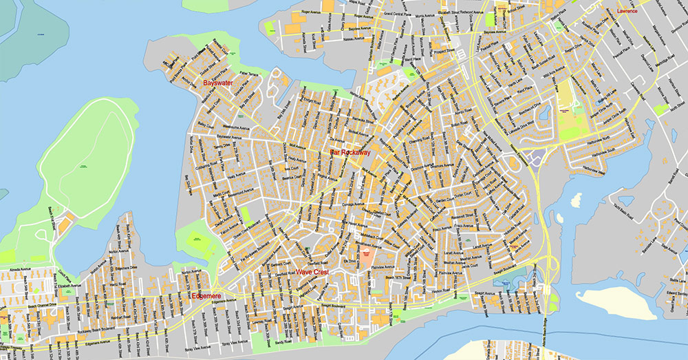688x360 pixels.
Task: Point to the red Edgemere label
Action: coord(207,296)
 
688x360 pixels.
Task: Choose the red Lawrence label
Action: coord(627,12)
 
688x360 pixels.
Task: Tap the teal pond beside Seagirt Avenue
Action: coord(510,282)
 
